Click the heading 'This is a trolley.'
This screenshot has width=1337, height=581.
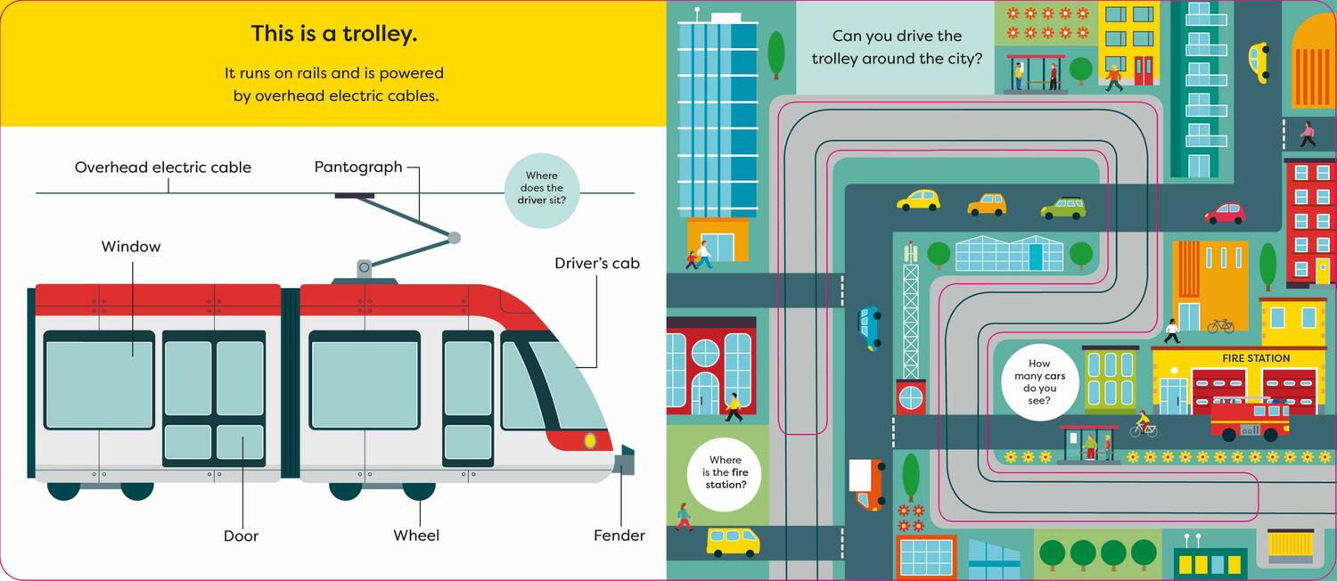point(334,35)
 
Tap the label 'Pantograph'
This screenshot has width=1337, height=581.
point(358,167)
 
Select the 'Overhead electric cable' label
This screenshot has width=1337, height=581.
point(163,168)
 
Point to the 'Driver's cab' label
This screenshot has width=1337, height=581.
point(596,263)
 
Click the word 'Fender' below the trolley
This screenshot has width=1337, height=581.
point(619,536)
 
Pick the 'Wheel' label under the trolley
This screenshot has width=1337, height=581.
point(416,536)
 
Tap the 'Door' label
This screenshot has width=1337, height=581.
point(241,536)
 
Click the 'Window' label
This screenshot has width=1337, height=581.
point(131,247)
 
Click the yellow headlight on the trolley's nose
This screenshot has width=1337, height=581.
point(590,440)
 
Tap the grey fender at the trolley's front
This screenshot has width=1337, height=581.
point(626,461)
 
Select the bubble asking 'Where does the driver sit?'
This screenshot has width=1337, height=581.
point(542,189)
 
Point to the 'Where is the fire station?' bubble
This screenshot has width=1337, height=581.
point(724,472)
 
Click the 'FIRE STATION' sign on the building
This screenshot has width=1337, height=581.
point(1255,358)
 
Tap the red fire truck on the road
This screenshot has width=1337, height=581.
point(1250,419)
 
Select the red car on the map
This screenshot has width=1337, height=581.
point(1225,214)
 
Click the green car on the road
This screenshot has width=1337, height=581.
point(1063,209)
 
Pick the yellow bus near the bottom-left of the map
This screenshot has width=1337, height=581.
point(733,541)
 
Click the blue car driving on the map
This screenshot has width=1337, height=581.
point(869,327)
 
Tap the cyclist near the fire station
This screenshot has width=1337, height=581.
point(1143,425)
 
